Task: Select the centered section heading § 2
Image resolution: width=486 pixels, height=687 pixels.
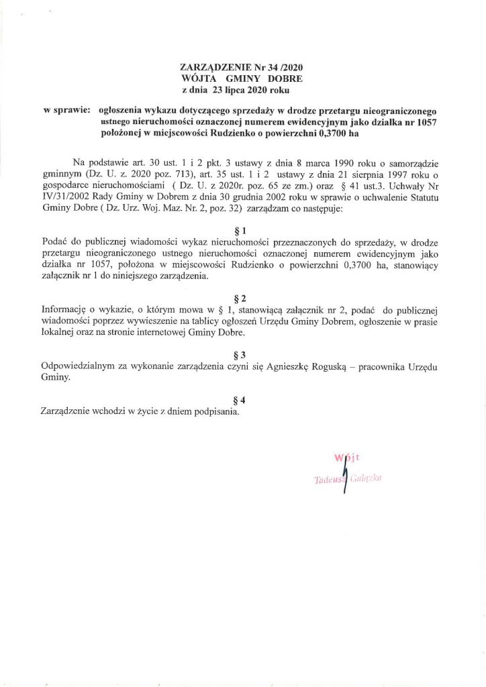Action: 243,297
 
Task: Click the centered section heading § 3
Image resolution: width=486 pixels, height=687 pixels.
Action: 243,354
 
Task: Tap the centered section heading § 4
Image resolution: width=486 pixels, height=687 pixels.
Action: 243,400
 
